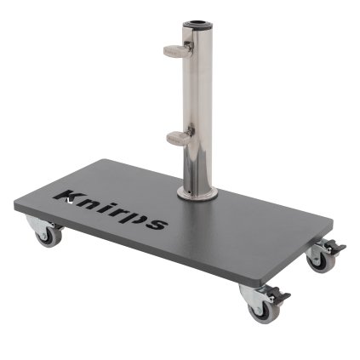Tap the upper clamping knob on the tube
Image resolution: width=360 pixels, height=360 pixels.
pos(175,48)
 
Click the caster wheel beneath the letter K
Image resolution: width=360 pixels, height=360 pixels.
pos(48,234)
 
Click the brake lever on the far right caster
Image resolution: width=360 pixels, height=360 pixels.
pos(339,248)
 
